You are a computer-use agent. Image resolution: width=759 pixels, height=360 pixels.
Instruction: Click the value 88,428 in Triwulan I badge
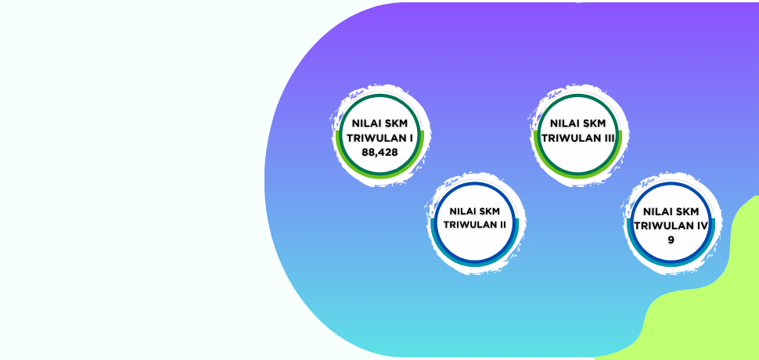(379, 153)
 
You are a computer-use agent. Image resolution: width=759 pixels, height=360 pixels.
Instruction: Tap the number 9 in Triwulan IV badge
(671, 240)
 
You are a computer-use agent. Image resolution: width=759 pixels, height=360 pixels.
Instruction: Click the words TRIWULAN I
(379, 138)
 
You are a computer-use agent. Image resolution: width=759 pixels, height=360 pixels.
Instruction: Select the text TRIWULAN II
(474, 225)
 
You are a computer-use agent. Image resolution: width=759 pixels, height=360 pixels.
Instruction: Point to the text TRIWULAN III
(578, 138)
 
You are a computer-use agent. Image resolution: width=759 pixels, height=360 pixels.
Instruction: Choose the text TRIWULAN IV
(671, 226)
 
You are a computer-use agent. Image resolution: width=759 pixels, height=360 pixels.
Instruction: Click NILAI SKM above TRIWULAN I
(379, 124)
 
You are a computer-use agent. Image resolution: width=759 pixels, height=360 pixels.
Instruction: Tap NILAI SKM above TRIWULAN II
(474, 211)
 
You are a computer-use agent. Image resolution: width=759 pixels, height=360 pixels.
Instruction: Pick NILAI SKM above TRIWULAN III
(578, 124)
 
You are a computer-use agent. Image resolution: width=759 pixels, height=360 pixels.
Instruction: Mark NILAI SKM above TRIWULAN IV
(671, 211)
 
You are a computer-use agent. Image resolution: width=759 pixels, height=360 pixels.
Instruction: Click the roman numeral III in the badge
(610, 138)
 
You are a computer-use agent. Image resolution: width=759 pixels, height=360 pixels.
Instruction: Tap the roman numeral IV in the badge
(703, 226)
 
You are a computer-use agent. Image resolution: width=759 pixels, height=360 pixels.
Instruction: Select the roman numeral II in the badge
(502, 225)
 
